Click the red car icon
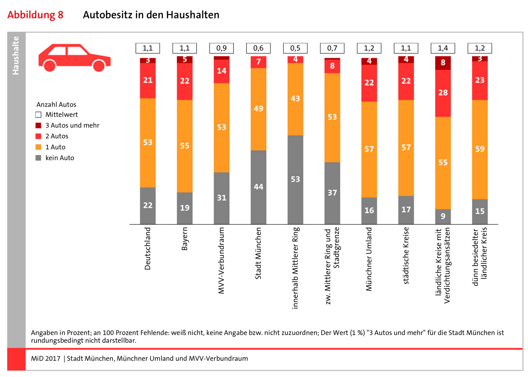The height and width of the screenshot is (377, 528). [74, 58]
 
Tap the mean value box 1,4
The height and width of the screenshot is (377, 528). [443, 48]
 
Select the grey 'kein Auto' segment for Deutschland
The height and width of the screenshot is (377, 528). [148, 206]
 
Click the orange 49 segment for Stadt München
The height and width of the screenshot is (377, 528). [258, 109]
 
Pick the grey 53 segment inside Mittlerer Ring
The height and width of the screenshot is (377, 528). [295, 179]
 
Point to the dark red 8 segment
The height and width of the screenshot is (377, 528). [443, 63]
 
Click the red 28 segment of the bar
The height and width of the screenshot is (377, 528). [443, 93]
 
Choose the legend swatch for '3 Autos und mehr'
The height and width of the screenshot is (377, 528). [38, 125]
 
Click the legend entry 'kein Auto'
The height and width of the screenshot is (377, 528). [60, 158]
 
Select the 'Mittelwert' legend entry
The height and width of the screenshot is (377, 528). [61, 114]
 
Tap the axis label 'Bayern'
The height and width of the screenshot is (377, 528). [185, 239]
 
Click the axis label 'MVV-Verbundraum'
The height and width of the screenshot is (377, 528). [221, 261]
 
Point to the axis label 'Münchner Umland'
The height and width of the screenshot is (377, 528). [369, 259]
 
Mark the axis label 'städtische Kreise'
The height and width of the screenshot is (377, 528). [406, 256]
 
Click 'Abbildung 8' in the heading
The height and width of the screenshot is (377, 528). [35, 15]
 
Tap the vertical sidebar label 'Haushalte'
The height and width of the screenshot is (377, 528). [16, 56]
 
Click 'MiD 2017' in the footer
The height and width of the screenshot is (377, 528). [45, 359]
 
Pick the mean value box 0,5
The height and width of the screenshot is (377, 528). [295, 48]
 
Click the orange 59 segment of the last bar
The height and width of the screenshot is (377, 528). [480, 149]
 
